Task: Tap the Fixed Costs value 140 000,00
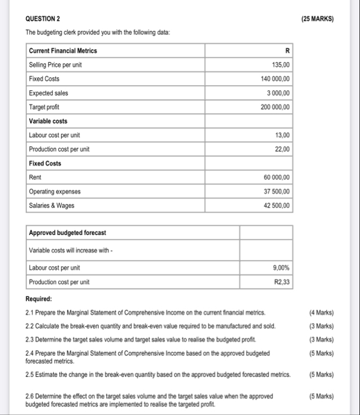[276, 79]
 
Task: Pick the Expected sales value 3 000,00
[278, 93]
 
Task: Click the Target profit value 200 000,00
[276, 107]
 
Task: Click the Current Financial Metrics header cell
[63, 51]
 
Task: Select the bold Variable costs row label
[48, 121]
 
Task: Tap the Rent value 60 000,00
[277, 177]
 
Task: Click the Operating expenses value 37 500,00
[277, 191]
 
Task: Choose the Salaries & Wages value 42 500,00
[277, 206]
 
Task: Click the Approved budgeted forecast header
[67, 233]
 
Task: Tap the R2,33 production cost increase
[282, 282]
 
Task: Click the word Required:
[39, 299]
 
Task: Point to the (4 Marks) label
[321, 313]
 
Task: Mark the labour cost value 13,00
[282, 135]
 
